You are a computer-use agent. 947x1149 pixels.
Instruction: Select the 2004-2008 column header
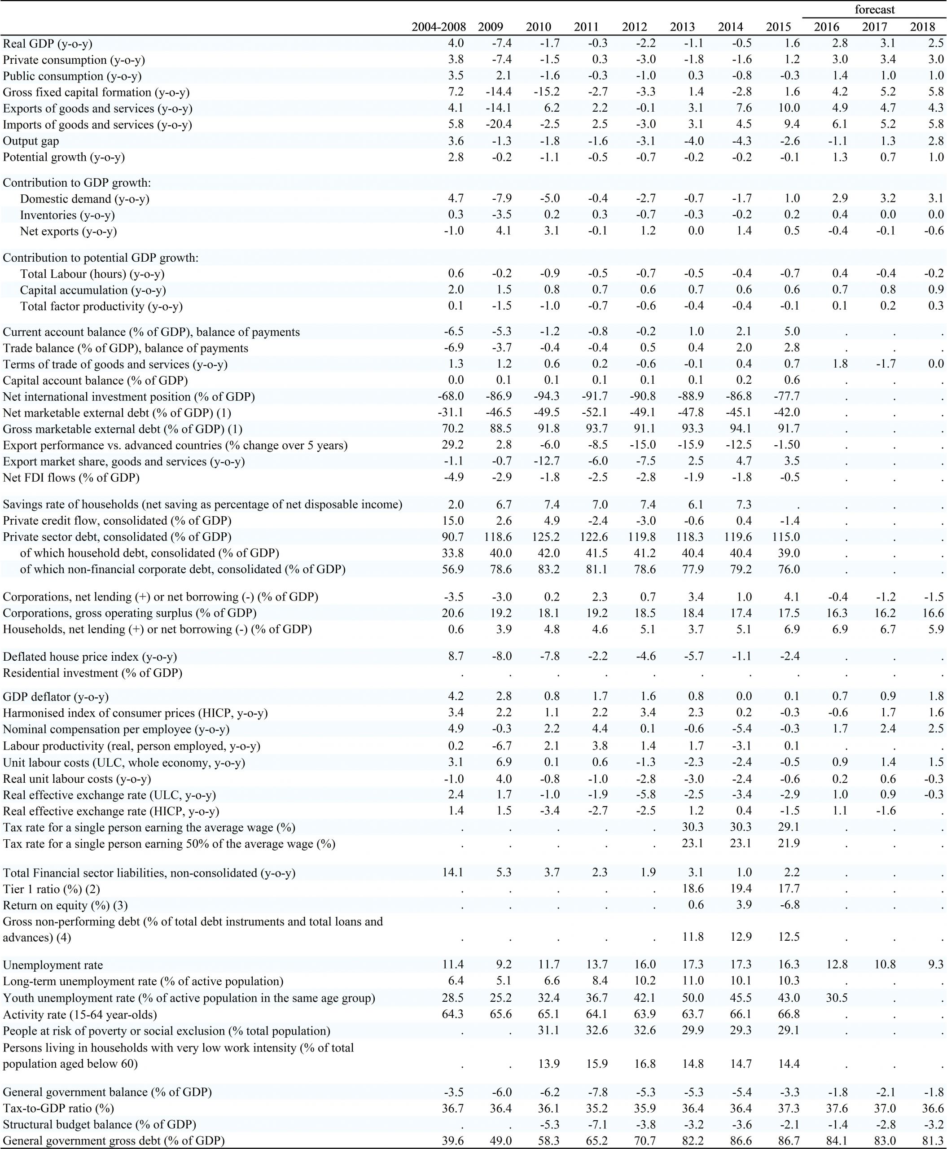438,27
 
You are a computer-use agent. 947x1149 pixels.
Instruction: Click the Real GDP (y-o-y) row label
48,44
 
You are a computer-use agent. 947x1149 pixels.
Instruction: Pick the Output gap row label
31,141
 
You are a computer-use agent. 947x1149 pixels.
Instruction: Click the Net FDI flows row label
71,478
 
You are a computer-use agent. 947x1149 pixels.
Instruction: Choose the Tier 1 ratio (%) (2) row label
52,889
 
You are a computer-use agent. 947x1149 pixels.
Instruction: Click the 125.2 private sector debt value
547,537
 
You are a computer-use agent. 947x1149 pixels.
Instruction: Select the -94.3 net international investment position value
547,397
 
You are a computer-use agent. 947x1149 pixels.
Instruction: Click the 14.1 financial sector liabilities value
452,873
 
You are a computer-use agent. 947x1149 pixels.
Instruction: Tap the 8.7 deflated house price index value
455,656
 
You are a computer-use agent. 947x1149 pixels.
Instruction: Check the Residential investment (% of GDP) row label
93,673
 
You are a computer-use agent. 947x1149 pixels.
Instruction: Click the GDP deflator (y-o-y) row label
56,697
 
